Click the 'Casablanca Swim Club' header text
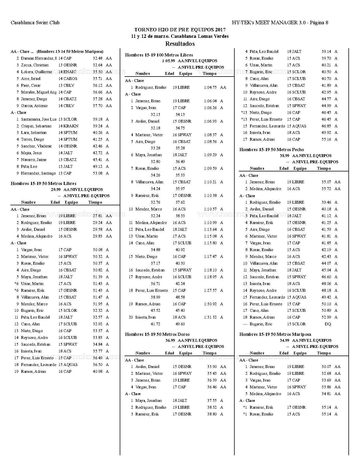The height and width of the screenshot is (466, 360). click(x=35, y=23)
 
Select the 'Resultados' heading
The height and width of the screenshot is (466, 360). click(x=180, y=43)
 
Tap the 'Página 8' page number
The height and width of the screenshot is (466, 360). click(x=319, y=23)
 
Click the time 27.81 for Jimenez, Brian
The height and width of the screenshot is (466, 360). click(x=97, y=216)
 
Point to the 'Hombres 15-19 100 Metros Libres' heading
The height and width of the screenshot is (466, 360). click(x=159, y=55)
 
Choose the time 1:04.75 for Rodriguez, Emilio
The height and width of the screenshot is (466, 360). click(x=210, y=87)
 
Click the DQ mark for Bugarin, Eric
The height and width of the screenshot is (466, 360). click(x=328, y=324)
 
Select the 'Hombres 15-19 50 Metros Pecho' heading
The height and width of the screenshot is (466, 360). click(x=272, y=149)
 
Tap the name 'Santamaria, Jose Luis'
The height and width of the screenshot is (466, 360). click(x=39, y=119)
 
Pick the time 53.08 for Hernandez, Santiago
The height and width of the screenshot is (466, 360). click(x=97, y=173)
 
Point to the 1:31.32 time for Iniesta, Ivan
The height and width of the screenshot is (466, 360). click(x=210, y=317)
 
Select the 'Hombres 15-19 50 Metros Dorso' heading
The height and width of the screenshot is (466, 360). click(x=157, y=334)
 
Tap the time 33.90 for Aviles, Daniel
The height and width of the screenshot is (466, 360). click(x=212, y=367)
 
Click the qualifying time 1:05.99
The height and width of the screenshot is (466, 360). click(x=169, y=61)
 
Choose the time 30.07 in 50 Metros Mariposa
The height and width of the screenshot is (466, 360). click(x=326, y=367)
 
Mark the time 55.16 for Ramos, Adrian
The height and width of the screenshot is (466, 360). click(x=326, y=139)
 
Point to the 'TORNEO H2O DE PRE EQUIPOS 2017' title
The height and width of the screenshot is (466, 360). click(x=180, y=30)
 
